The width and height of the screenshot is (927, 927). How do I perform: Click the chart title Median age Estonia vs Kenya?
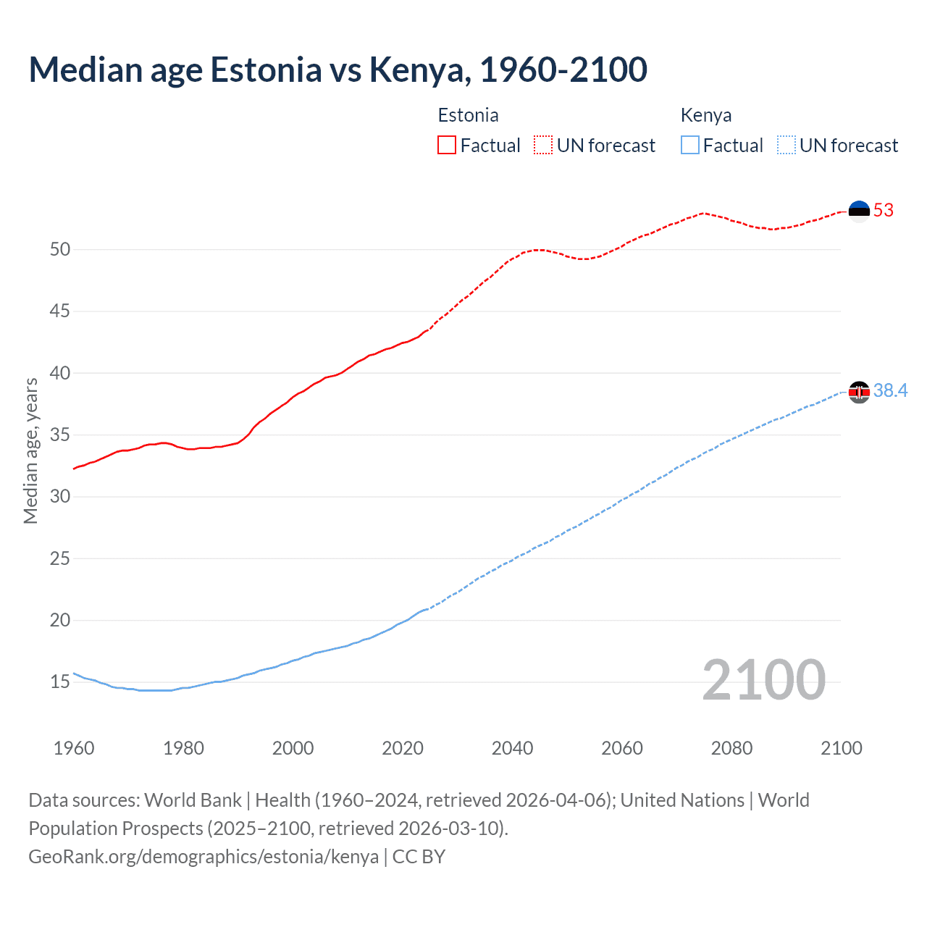pos(337,70)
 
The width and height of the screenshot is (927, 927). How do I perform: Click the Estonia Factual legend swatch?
pos(447,146)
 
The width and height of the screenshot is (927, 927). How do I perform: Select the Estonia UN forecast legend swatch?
pos(543,146)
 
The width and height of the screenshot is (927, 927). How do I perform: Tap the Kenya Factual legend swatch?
pos(690,146)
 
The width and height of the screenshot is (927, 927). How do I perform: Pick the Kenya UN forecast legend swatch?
pos(787,146)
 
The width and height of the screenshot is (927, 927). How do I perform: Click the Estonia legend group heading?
pos(468,115)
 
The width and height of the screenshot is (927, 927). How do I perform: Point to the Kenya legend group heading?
pos(705,115)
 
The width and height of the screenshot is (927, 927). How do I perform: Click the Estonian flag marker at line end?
pos(859,211)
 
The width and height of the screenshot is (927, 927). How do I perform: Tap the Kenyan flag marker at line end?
pos(859,392)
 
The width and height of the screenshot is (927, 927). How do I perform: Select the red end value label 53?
pos(884,211)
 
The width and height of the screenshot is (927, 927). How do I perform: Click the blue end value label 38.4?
pos(890,391)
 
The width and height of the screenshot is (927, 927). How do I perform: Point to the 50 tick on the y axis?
pos(60,249)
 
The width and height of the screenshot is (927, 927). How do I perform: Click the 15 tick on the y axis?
pos(60,681)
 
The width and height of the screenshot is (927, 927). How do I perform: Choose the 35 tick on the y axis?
pos(60,435)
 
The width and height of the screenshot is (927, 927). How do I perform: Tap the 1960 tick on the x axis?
pos(74,748)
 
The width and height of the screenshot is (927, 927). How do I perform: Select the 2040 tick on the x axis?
pos(512,748)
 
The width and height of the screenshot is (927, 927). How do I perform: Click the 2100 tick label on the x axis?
pos(841,748)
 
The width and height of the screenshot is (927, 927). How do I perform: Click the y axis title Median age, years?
pos(30,450)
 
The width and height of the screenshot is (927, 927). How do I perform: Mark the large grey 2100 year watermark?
pos(763,679)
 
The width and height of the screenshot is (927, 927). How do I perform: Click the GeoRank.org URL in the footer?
pos(204,857)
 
